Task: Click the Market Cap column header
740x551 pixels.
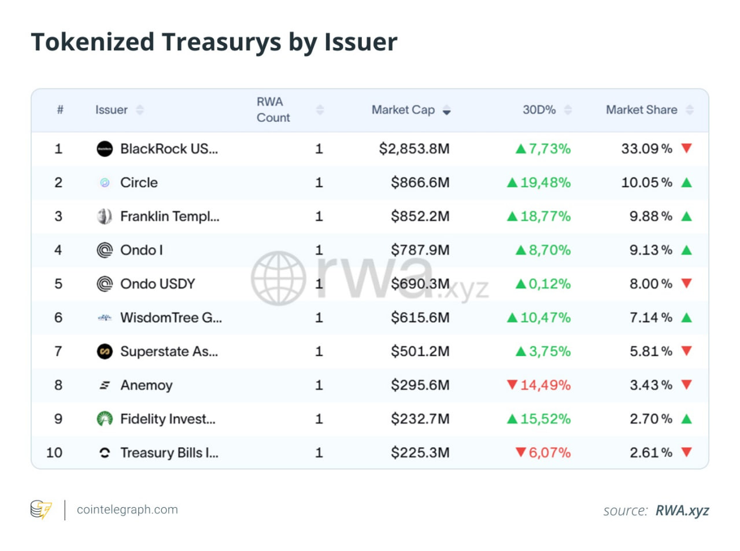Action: [x=403, y=110]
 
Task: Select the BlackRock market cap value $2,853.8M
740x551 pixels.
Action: [x=414, y=149]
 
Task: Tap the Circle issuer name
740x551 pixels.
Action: [x=139, y=183]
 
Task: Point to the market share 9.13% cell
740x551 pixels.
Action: [x=650, y=250]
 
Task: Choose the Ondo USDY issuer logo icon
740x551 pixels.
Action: [x=105, y=284]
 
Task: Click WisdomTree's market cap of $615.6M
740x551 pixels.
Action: [x=420, y=318]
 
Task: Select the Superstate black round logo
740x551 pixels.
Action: [x=105, y=351]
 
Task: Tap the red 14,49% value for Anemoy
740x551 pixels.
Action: [x=545, y=385]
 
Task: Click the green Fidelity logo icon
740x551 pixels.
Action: [x=105, y=419]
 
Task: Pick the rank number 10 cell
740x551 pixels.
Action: [x=54, y=452]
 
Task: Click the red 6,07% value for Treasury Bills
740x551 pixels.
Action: [x=549, y=453]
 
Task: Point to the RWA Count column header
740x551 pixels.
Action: [x=273, y=110]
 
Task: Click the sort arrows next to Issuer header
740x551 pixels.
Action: [x=140, y=110]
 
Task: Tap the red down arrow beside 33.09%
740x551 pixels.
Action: [x=687, y=148]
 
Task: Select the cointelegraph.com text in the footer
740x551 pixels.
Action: [x=127, y=509]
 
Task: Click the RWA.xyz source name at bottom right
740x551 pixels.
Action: [x=682, y=511]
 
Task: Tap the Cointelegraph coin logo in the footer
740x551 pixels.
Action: [x=41, y=509]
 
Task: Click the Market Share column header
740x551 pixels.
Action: [x=641, y=110]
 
